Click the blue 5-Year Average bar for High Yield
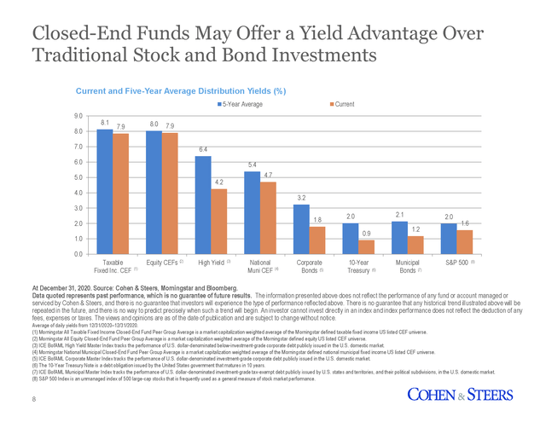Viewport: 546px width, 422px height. tap(203, 205)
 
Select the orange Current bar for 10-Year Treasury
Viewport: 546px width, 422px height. tap(366, 246)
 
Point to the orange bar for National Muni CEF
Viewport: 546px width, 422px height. tap(268, 217)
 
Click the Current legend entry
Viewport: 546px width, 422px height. tap(346, 104)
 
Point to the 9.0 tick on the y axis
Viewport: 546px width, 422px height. tap(78, 115)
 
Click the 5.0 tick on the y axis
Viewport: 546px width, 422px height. tap(78, 177)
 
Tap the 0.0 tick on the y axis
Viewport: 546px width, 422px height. tap(78, 254)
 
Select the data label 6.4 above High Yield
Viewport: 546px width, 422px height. tap(203, 149)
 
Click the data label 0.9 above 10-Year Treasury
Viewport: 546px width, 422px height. tap(366, 233)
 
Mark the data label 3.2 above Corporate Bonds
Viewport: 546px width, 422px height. tap(300, 198)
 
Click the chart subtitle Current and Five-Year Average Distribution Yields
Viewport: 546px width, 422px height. tap(180, 90)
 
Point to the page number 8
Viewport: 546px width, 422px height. tap(34, 400)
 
